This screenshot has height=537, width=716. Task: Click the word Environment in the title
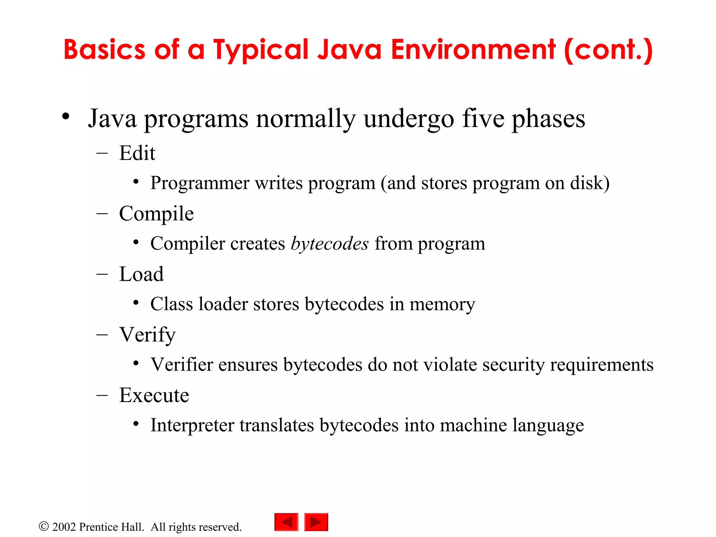(x=473, y=50)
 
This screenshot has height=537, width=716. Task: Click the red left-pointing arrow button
(x=286, y=522)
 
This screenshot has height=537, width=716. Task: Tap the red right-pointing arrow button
(x=316, y=522)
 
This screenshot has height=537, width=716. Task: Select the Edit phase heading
(x=137, y=153)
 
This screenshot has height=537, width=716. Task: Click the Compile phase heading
(x=156, y=214)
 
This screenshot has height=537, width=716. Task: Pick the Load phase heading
(x=141, y=274)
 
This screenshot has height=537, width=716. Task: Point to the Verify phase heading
(x=147, y=335)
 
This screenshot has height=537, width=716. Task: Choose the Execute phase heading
(x=154, y=395)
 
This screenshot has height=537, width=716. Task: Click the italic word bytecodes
(x=330, y=244)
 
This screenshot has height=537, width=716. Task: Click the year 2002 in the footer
(x=64, y=527)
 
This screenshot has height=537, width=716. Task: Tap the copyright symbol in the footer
(x=44, y=527)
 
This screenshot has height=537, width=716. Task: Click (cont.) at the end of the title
(x=608, y=50)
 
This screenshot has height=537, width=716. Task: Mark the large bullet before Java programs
(x=66, y=117)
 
